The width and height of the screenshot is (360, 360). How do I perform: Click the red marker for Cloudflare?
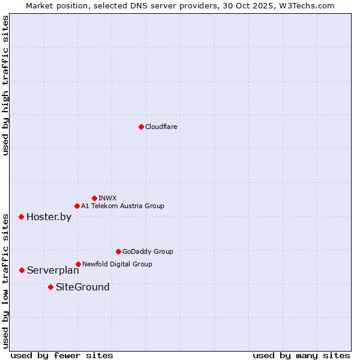pos(141,127)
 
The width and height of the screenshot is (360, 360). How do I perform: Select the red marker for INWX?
pos(94,198)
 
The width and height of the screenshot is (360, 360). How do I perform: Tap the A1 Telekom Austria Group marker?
pos(77,206)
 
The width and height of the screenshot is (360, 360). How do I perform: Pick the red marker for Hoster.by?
pos(21,217)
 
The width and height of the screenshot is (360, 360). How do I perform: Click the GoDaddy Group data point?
pos(118,251)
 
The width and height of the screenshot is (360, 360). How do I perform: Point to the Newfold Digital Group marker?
pos(78,264)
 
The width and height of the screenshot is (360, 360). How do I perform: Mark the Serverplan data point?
pos(22,270)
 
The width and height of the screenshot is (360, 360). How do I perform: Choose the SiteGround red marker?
pos(50,287)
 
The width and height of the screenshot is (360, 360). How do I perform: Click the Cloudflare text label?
pos(161,127)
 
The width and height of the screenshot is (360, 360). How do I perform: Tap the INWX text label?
pos(107,198)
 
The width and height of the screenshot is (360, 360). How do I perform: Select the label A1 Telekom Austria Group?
pos(122,206)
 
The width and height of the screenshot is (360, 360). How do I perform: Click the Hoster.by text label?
pos(49,217)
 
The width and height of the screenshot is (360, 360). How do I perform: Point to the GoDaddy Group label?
pos(147,251)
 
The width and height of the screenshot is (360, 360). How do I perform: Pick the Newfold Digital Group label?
pos(117,264)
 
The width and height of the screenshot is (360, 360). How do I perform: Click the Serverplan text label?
pos(53,270)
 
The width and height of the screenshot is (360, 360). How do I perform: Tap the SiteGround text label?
pos(82,287)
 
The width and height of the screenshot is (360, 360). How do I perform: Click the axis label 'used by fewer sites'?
pos(62,355)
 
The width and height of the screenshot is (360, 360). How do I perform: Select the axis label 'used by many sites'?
pos(301,355)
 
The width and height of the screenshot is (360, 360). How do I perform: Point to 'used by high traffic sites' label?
pos(5,85)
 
